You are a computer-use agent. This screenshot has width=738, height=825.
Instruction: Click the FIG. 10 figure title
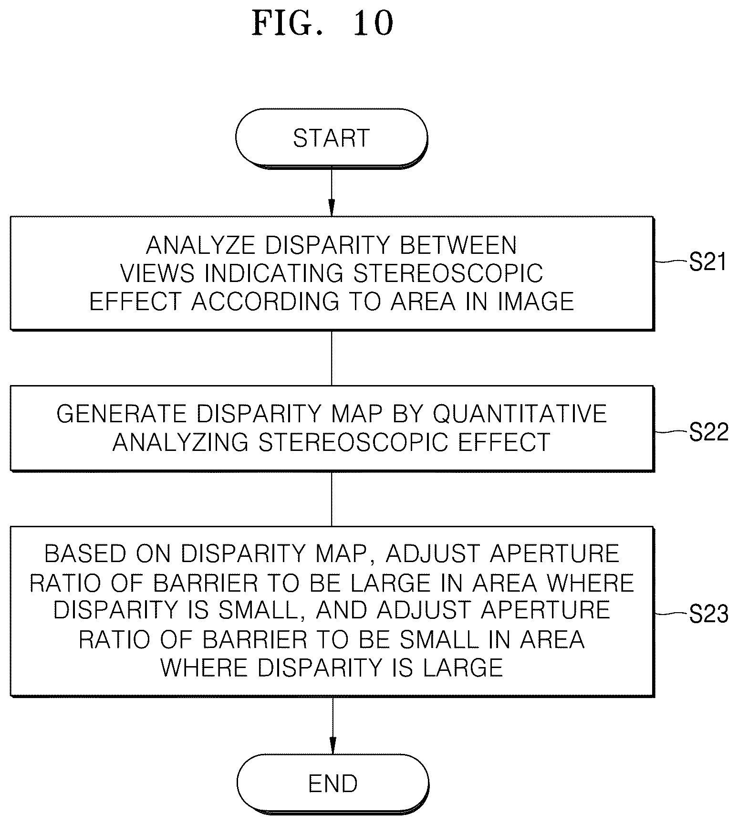click(x=323, y=23)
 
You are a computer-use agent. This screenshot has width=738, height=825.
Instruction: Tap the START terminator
click(x=332, y=138)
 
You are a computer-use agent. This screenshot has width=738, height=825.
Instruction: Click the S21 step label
click(x=707, y=262)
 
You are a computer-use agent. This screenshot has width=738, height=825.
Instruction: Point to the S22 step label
click(x=709, y=432)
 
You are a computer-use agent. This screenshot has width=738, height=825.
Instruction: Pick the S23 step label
click(x=709, y=614)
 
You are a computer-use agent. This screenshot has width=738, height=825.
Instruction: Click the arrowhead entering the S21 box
click(x=332, y=208)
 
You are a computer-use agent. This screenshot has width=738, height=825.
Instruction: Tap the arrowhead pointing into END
click(x=333, y=746)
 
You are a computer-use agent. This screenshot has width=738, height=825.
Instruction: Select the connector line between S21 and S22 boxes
click(x=332, y=358)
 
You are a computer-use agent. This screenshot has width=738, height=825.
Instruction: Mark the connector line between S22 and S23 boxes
click(x=332, y=499)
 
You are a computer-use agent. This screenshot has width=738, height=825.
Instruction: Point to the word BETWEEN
click(x=458, y=245)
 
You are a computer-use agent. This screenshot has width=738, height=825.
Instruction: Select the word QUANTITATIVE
click(x=520, y=414)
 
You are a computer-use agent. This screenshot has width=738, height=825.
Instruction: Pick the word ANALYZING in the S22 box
click(x=180, y=442)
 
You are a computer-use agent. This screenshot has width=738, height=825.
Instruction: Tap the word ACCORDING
click(x=265, y=302)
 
